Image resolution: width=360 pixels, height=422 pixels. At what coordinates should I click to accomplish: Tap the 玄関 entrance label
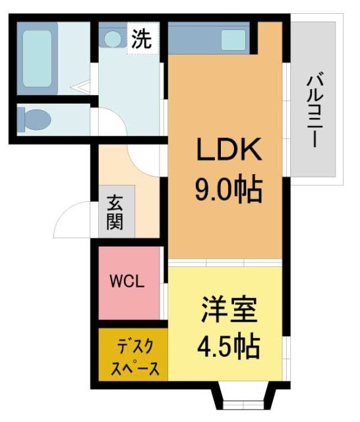(116, 211)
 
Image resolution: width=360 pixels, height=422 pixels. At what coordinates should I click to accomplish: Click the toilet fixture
(36, 119)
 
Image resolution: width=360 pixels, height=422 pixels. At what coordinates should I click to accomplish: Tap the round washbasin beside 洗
(113, 39)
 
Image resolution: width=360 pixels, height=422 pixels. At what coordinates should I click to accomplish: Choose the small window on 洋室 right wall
(286, 349)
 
